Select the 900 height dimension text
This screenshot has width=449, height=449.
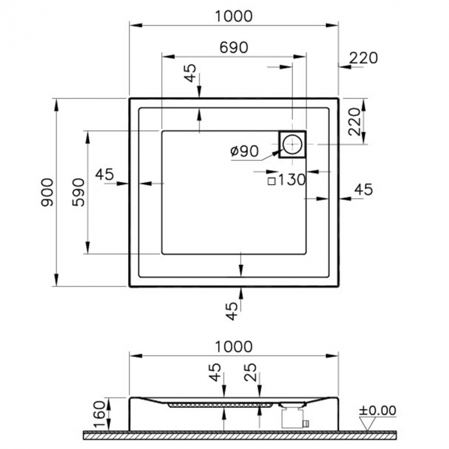[46, 192]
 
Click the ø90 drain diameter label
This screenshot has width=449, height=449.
[244, 151]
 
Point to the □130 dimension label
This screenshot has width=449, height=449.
[286, 180]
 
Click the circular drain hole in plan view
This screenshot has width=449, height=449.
[292, 144]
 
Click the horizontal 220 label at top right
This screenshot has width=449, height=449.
[363, 58]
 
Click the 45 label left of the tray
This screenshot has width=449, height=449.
[104, 174]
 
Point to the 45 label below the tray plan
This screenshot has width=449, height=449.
[232, 311]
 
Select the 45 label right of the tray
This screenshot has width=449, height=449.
[364, 189]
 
